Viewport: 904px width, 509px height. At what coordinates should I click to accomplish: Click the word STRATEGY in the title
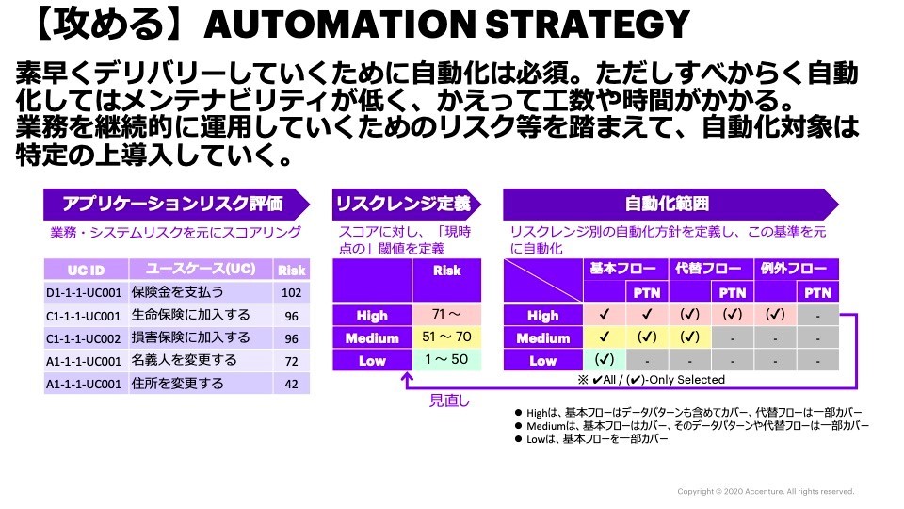click(x=587, y=25)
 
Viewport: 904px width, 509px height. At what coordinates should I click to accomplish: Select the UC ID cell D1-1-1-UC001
click(x=84, y=292)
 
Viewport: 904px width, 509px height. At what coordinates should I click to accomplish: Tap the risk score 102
click(x=291, y=292)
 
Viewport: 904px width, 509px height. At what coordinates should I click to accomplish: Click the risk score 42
click(x=291, y=384)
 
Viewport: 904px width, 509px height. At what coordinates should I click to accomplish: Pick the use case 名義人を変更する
click(x=184, y=360)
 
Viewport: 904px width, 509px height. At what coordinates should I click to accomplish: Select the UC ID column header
click(x=86, y=271)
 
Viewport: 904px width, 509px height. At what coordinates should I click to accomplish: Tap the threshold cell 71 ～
click(x=446, y=315)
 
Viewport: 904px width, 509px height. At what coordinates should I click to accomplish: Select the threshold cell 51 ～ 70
click(x=446, y=337)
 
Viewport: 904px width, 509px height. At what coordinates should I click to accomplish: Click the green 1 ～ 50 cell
click(x=446, y=359)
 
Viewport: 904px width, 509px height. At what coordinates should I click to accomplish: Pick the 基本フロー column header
click(x=625, y=269)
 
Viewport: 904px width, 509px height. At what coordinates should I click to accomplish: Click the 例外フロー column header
click(x=797, y=269)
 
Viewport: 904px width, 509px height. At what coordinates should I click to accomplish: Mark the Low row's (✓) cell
click(x=605, y=359)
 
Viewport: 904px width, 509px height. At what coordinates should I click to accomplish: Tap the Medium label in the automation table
click(x=543, y=338)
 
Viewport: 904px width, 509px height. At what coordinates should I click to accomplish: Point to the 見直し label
click(x=449, y=400)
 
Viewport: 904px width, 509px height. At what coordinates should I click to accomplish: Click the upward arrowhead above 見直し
click(x=407, y=377)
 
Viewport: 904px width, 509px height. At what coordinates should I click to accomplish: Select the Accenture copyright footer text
click(x=766, y=492)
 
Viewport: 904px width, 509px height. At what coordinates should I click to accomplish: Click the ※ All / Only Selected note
click(x=652, y=380)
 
